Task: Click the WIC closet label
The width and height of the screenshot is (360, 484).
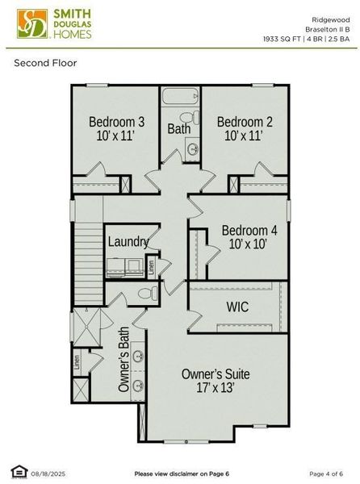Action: coord(237,307)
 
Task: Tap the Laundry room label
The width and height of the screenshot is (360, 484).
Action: coord(128,241)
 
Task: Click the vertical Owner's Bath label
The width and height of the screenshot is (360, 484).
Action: coord(123,365)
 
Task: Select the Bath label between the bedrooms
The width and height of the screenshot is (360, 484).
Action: coord(178,128)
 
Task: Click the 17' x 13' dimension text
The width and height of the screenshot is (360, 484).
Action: coord(215,388)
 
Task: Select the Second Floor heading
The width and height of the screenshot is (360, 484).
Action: coord(45,62)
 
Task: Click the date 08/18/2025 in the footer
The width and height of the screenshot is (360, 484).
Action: coord(48,473)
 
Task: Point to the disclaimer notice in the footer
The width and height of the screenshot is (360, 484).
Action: coord(182,473)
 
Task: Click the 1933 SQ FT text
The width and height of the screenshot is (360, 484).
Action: coord(283,38)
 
